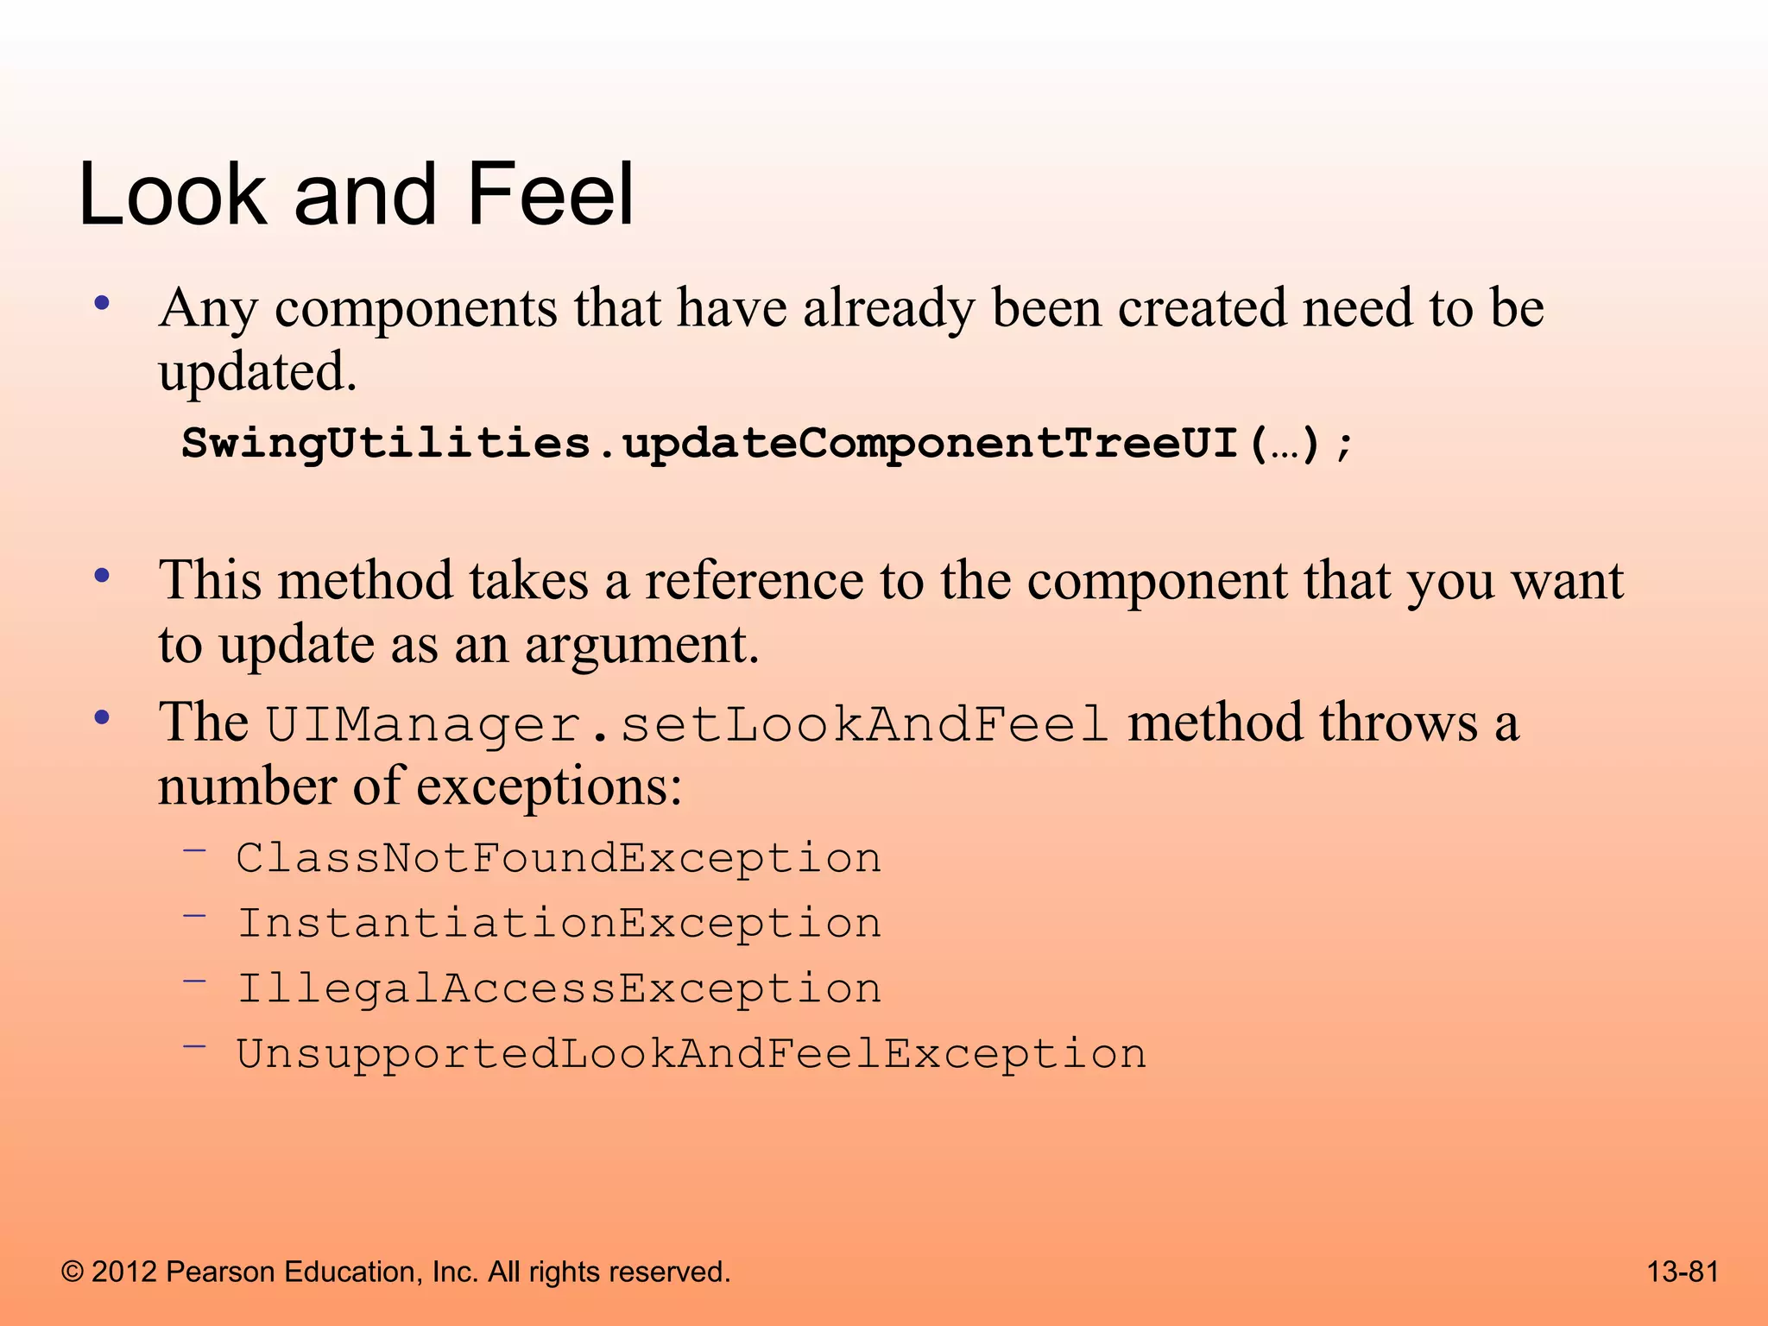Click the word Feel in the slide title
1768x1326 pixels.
(x=550, y=195)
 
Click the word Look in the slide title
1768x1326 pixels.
(x=172, y=195)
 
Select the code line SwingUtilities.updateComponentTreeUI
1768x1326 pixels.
(x=767, y=444)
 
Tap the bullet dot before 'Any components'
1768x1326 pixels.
(x=103, y=303)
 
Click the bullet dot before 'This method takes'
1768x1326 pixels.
(x=103, y=575)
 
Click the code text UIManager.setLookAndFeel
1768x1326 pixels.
(x=686, y=723)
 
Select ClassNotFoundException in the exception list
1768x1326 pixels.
(x=559, y=858)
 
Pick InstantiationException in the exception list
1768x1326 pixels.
(x=559, y=923)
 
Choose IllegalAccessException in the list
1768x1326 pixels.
(x=559, y=988)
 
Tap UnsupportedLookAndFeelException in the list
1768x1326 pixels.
(x=691, y=1054)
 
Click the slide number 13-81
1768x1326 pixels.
(x=1683, y=1272)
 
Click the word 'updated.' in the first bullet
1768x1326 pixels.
(x=257, y=373)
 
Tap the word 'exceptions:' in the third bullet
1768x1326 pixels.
(x=549, y=787)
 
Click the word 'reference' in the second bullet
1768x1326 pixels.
(x=754, y=580)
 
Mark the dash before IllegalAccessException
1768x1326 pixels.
(x=195, y=981)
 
